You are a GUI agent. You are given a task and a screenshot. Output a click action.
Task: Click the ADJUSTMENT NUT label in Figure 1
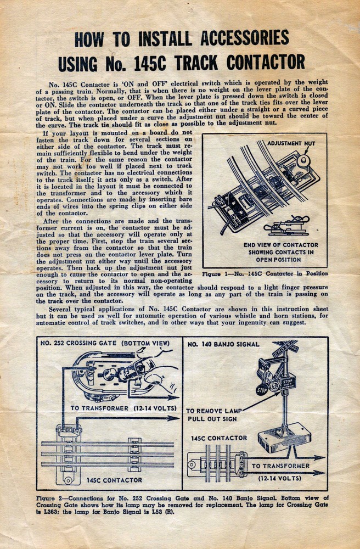pos(291,143)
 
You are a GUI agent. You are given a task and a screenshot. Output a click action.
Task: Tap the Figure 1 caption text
pos(265,273)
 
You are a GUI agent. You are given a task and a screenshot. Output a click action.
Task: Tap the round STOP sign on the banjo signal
pos(262,390)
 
